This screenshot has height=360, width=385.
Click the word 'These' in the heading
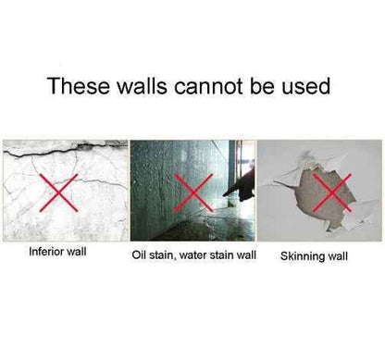pyautogui.click(x=79, y=86)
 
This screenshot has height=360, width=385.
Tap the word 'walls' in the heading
pyautogui.click(x=143, y=86)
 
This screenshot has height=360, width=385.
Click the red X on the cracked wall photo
pyautogui.click(x=58, y=192)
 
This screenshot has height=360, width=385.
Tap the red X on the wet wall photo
pyautogui.click(x=193, y=192)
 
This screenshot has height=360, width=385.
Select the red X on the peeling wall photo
pyautogui.click(x=331, y=192)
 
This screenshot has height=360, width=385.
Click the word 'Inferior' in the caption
pyautogui.click(x=46, y=252)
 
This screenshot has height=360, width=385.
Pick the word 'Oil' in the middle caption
pyautogui.click(x=138, y=255)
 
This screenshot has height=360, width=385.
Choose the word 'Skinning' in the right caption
pyautogui.click(x=302, y=256)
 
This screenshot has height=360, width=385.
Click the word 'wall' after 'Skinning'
pyautogui.click(x=337, y=256)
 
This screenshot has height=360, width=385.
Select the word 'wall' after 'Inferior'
pyautogui.click(x=77, y=252)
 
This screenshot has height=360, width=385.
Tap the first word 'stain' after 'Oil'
pyautogui.click(x=161, y=255)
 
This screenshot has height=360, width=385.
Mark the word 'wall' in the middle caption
pyautogui.click(x=246, y=255)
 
